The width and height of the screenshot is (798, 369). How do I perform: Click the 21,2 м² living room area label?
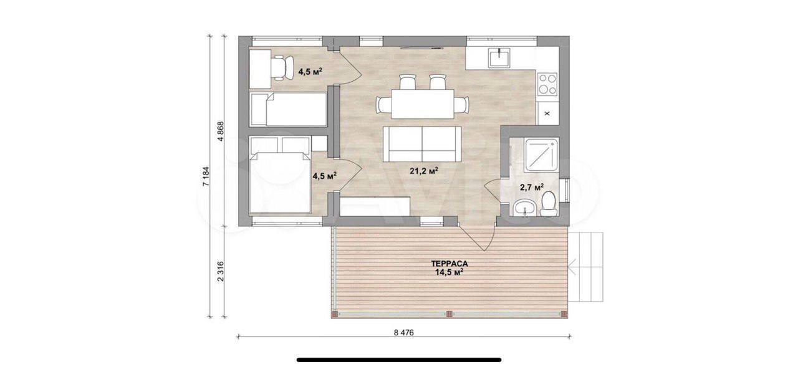[x=423, y=171]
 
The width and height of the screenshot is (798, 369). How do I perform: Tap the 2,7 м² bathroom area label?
[x=532, y=187]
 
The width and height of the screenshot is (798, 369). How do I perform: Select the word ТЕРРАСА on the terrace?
[x=449, y=264]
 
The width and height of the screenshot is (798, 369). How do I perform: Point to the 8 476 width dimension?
[x=403, y=333]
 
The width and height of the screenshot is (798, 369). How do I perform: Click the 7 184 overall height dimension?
[x=206, y=176]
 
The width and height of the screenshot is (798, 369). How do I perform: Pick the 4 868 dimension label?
[x=221, y=132]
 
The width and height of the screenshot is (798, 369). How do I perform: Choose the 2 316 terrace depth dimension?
[x=221, y=271]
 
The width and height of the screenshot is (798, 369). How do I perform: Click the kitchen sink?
[x=500, y=58]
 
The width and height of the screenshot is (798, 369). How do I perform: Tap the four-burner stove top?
[x=547, y=84]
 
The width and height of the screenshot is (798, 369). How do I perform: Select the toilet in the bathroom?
[x=549, y=204]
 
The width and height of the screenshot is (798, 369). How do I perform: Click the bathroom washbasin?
[x=524, y=208]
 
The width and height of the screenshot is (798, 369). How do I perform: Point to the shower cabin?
[x=542, y=155]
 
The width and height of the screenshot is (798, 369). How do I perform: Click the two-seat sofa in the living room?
[x=422, y=144]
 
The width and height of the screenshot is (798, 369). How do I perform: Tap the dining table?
[x=423, y=104]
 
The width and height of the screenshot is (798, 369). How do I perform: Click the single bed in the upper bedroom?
[x=288, y=109]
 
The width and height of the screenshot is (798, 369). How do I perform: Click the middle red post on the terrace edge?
[x=449, y=314]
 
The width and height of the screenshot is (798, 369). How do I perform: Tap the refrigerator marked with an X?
[x=547, y=113]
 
